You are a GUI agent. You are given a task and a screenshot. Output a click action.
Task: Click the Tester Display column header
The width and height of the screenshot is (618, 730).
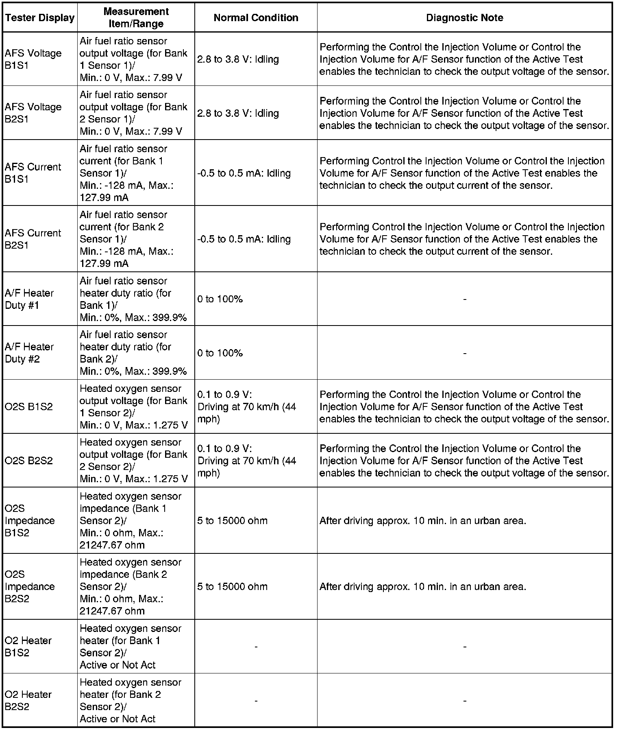click(x=40, y=18)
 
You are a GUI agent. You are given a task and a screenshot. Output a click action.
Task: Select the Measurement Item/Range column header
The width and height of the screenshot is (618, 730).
click(x=136, y=17)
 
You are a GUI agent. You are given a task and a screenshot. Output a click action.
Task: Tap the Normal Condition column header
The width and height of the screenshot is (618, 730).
click(x=256, y=18)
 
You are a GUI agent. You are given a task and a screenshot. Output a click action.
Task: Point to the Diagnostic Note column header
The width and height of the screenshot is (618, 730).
click(x=464, y=18)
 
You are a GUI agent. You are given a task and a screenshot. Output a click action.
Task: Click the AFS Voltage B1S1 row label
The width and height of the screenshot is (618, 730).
click(x=33, y=59)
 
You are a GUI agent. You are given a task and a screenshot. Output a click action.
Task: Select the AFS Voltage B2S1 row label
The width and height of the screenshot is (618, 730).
click(x=33, y=113)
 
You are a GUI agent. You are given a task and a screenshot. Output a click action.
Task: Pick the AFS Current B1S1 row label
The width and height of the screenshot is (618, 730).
click(x=33, y=173)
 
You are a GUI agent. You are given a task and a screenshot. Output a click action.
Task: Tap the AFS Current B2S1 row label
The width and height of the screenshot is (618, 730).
click(x=33, y=239)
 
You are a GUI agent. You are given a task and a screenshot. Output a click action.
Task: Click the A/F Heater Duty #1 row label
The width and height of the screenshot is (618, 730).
click(x=29, y=299)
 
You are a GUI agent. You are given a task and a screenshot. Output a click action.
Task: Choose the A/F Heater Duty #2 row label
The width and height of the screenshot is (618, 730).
click(x=29, y=353)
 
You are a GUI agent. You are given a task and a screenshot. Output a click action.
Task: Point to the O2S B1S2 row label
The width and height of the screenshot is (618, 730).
click(x=29, y=407)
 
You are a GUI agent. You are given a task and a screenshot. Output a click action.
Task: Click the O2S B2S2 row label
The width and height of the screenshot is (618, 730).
click(x=29, y=461)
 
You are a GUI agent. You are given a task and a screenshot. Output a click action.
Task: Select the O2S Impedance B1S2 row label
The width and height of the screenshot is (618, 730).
click(x=30, y=520)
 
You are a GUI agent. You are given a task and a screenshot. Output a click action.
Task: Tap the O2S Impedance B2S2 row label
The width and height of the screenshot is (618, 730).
click(x=30, y=586)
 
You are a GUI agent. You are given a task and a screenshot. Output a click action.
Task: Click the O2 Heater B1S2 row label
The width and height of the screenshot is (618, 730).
click(x=28, y=647)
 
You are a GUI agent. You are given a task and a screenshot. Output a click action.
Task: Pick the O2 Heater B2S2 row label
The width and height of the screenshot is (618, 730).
click(x=28, y=700)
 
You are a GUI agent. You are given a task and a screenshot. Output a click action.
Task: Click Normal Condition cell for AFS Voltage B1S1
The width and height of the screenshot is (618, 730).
click(x=238, y=59)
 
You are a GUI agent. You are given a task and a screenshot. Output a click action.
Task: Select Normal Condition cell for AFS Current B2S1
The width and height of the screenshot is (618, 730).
click(x=244, y=239)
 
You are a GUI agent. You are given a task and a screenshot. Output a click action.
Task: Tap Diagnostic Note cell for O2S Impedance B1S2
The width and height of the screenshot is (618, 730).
click(x=423, y=520)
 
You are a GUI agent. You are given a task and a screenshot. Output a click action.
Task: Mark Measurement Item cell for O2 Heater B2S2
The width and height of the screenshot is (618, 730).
click(x=131, y=700)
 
